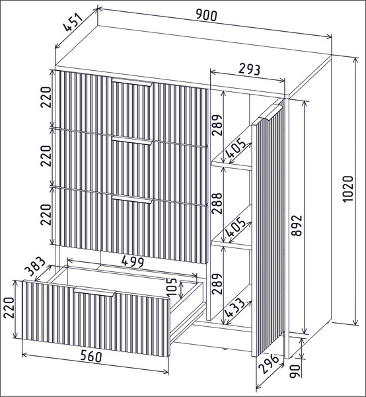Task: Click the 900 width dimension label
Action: (207, 15)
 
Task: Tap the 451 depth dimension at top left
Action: (73, 22)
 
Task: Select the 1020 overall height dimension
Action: (348, 189)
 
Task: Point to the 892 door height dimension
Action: (297, 226)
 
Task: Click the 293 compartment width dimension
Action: (249, 69)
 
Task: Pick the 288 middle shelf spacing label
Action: (217, 203)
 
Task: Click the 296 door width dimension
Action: (270, 363)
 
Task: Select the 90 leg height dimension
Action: (295, 371)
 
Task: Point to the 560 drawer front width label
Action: (91, 357)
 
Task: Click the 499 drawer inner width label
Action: (132, 261)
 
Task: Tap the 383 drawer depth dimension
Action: (36, 267)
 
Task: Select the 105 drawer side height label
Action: (172, 287)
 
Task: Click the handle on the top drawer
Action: (132, 82)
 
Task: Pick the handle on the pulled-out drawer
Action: (94, 291)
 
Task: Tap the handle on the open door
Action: (270, 111)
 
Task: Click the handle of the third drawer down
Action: (132, 199)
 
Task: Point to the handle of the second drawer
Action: (132, 140)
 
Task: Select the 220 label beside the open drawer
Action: (9, 308)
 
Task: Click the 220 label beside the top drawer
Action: (46, 97)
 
